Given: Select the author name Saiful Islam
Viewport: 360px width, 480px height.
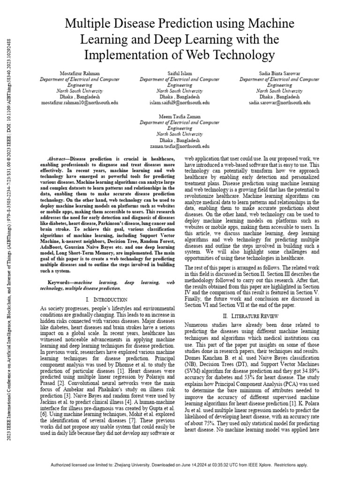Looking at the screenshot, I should pos(180,74).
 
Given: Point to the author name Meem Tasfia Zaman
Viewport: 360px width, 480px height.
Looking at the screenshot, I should pos(180,117).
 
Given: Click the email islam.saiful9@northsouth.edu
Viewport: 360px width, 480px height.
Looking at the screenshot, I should pos(180,102).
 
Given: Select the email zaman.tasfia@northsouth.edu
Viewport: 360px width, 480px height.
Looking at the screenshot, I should pos(180,146).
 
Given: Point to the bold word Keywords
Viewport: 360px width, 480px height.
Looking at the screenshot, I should pos(61,283).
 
